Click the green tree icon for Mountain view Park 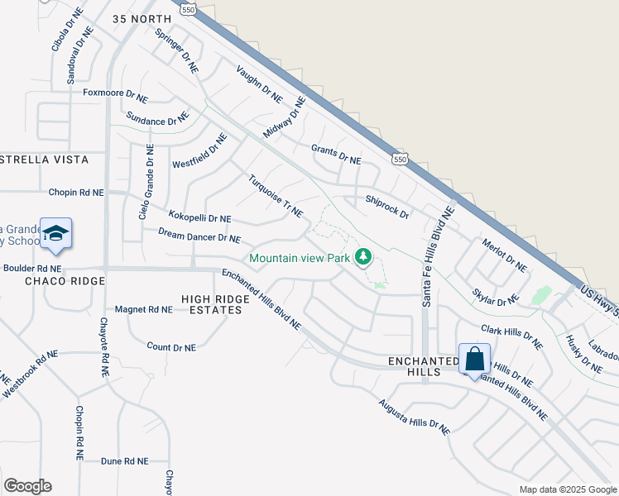[x=362, y=258]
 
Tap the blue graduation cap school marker [x=55, y=233]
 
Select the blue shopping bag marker [x=474, y=360]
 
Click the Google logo [x=27, y=486]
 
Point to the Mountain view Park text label [x=300, y=259]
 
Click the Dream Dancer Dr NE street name [x=199, y=238]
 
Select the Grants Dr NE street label [x=336, y=155]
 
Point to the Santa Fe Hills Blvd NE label [x=439, y=255]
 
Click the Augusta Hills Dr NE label [x=414, y=417]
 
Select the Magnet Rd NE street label [x=144, y=309]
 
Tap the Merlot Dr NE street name [x=504, y=255]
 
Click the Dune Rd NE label [x=124, y=461]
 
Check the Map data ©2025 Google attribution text [x=567, y=489]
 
